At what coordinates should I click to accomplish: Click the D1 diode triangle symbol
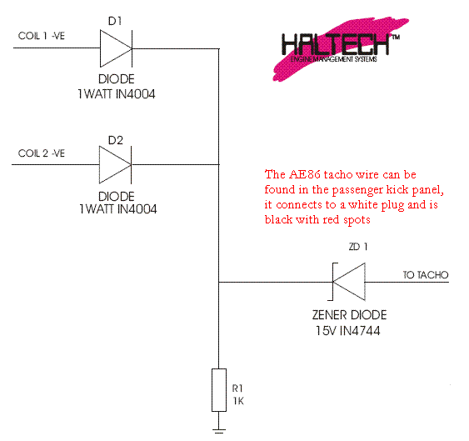pos(116,48)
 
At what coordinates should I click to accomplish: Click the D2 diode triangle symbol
pos(116,165)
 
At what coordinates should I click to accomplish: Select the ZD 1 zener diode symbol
pos(347,282)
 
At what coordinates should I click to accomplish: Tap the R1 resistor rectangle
pos(219,390)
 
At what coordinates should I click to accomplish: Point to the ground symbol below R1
pos(219,431)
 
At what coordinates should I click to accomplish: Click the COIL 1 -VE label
pos(42,36)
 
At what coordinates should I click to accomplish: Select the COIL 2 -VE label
pos(42,153)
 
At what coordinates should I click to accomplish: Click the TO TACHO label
pos(426,275)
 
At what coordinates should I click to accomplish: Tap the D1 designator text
pos(115,21)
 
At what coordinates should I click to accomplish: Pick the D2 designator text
pos(116,140)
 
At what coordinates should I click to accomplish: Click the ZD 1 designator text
pos(358,247)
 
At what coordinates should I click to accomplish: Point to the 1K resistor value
pos(238,401)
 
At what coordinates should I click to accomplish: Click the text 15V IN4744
pos(348,331)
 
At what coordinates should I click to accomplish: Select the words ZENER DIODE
pos(349,315)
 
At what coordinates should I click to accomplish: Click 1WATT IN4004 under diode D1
pos(117,94)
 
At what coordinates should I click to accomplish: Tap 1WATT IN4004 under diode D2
pos(117,209)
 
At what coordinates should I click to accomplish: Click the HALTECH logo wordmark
pos(336,44)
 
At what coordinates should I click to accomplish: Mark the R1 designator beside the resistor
pos(237,388)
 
